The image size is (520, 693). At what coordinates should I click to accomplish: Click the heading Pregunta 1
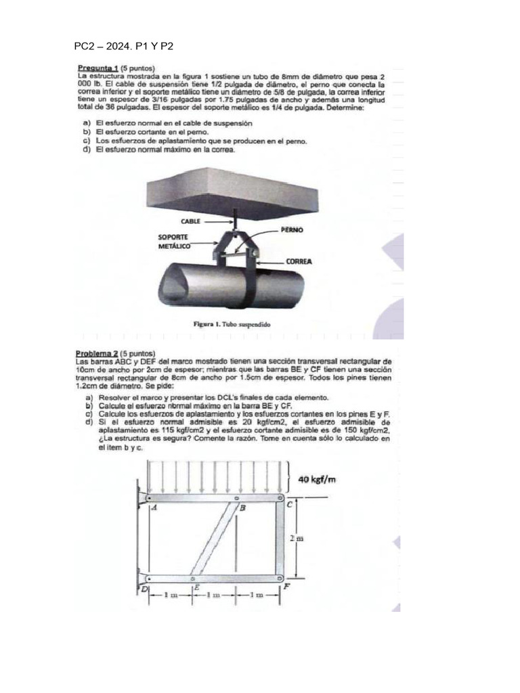(98, 68)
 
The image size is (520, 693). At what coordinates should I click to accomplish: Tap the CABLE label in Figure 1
(191, 221)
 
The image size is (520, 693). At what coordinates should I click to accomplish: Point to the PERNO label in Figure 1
(292, 230)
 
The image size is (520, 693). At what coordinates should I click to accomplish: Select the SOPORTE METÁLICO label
(173, 242)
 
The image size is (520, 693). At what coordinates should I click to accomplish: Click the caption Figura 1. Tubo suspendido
(232, 324)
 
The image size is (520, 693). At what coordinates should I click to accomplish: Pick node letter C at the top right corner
(289, 504)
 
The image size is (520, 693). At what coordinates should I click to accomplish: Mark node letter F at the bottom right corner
(286, 586)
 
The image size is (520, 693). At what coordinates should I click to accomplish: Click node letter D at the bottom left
(144, 590)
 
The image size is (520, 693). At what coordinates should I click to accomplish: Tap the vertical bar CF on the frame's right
(280, 539)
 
